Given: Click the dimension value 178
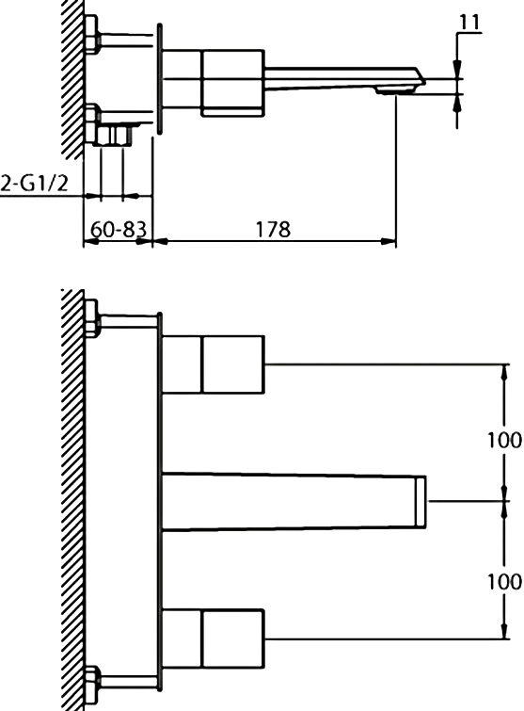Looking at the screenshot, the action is [273, 229].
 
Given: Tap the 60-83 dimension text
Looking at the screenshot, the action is [119, 230].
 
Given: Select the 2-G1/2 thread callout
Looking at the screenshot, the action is [35, 183].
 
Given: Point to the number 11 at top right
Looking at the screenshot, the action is [469, 22].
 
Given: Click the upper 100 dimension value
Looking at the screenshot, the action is [504, 440].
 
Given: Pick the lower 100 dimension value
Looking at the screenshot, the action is [504, 581].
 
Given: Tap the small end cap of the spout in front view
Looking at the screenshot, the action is [421, 502].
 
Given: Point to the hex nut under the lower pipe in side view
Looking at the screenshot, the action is [114, 136].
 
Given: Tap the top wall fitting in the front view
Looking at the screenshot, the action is [92, 318].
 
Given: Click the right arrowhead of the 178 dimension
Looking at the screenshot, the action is [389, 241].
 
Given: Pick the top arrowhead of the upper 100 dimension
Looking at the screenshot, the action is [504, 373].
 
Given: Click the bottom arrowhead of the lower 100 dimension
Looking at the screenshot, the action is [504, 630].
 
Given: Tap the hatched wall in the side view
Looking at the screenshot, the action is [72, 79].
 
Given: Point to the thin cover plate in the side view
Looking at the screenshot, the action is [159, 79].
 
